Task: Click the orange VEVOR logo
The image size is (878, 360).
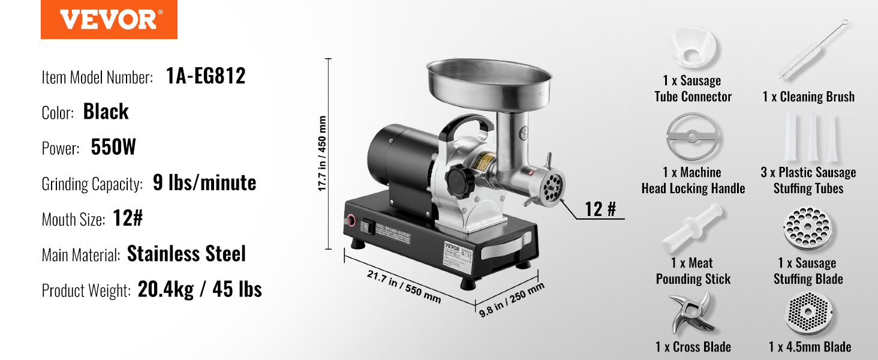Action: click(x=109, y=19)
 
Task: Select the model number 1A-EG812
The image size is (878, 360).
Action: click(x=206, y=76)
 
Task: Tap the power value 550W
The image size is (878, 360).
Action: click(x=113, y=147)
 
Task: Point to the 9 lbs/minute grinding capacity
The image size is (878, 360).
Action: click(x=205, y=183)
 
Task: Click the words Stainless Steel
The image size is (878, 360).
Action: click(x=186, y=254)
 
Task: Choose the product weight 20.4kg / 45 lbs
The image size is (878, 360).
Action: click(x=200, y=289)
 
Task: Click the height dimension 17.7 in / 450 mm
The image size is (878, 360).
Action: click(x=322, y=154)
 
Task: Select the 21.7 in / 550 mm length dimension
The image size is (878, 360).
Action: click(x=404, y=287)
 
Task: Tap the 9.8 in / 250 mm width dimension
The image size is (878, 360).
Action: click(x=512, y=299)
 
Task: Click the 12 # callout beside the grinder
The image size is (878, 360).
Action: click(x=600, y=209)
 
